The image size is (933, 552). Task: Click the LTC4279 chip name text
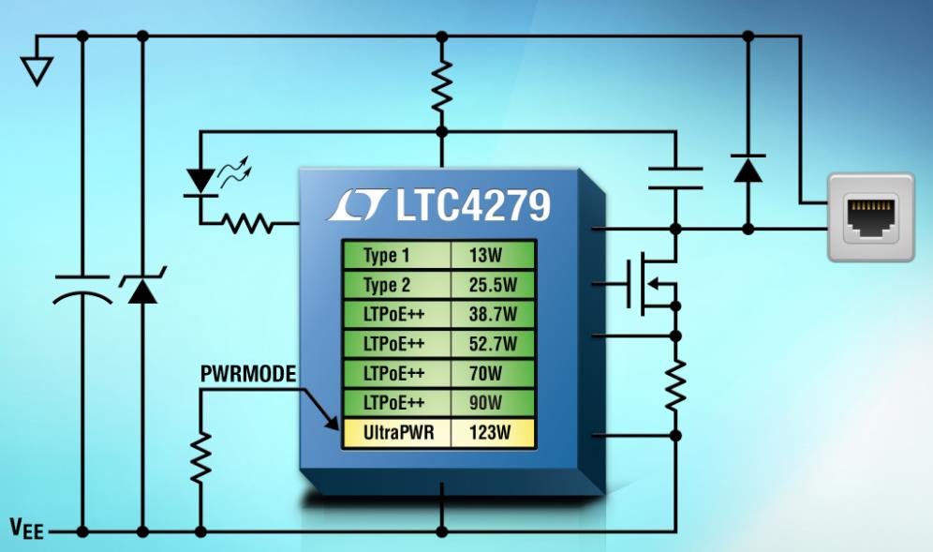point(471,206)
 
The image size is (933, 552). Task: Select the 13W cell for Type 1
point(492,256)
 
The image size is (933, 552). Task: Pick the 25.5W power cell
point(492,285)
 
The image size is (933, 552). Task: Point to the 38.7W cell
point(492,315)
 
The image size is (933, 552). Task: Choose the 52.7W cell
point(492,344)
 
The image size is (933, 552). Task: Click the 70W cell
point(492,374)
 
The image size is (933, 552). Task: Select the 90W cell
point(492,404)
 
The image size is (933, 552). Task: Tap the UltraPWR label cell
point(394,434)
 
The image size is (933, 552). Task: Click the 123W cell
point(492,434)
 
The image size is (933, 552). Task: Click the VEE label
point(28,528)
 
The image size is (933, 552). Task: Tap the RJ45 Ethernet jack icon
point(870,216)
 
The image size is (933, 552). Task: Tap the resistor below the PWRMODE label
point(200,456)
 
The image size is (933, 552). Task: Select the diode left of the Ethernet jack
point(748,168)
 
